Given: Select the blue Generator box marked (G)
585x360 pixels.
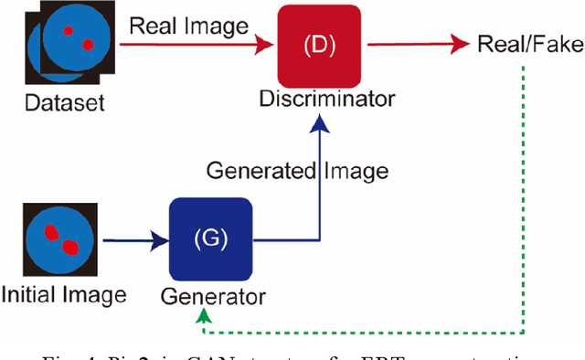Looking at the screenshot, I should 209,239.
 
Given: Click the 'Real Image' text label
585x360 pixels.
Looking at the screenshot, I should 187,26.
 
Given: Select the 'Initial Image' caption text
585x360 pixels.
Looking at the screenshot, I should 63,295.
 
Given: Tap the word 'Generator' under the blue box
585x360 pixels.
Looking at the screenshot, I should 213,296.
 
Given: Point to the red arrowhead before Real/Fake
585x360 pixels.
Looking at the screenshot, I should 460,43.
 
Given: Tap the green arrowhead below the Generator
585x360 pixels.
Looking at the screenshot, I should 203,314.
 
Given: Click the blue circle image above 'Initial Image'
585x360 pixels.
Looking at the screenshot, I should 58,240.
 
